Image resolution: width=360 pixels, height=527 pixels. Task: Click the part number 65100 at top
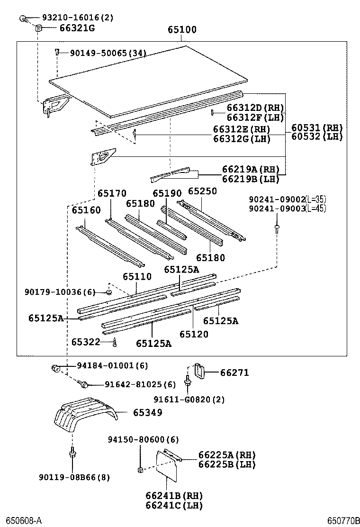point(181,30)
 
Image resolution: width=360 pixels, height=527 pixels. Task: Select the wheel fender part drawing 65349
point(85,414)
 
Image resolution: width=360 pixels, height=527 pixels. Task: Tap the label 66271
point(234,373)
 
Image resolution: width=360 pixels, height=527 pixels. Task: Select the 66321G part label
point(77,28)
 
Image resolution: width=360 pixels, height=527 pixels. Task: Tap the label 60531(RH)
point(316,128)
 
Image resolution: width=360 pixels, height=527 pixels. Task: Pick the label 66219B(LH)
point(250,179)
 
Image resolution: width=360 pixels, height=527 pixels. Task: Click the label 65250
point(202,191)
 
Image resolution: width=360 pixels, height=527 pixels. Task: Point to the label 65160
point(86,210)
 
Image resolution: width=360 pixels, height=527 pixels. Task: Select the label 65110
point(137,276)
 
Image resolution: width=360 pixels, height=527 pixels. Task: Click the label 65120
point(193,334)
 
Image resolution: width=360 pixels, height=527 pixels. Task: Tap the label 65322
point(86,341)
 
